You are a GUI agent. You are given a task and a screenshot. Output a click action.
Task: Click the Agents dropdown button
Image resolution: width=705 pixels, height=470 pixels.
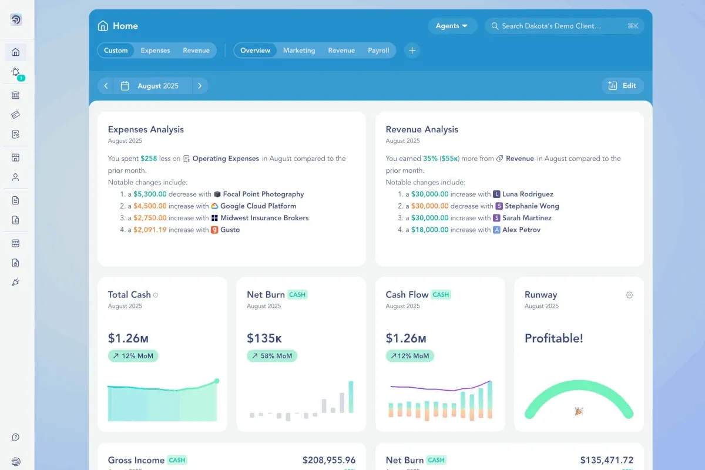[x=452, y=26]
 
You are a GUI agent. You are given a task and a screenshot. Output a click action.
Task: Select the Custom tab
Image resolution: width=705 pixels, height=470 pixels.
[x=116, y=51]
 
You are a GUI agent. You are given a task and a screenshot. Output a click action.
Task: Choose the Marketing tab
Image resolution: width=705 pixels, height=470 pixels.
[x=299, y=51]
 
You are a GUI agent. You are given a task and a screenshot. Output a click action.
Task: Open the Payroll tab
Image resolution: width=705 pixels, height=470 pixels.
[x=378, y=51]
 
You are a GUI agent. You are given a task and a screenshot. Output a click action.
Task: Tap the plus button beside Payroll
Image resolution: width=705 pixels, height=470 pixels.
[x=412, y=51]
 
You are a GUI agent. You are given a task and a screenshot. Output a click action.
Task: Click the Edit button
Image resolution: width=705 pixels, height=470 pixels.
[x=623, y=86]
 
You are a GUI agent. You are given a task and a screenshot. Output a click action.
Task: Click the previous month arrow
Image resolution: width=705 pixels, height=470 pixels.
[x=106, y=86]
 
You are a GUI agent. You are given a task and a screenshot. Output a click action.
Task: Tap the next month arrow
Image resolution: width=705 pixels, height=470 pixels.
[x=200, y=86]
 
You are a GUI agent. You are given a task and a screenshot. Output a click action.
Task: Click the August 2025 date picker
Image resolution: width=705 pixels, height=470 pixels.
[x=152, y=86]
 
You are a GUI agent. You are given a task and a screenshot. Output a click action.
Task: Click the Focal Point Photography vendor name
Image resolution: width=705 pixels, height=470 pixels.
[x=263, y=194]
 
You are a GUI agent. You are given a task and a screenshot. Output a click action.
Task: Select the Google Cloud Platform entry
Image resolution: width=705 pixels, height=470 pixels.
[x=258, y=206]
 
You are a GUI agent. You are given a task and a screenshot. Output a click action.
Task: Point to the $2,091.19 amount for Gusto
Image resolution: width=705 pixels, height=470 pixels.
[x=150, y=230]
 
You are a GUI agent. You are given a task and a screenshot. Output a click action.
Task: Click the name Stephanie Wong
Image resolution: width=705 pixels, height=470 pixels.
[x=532, y=206]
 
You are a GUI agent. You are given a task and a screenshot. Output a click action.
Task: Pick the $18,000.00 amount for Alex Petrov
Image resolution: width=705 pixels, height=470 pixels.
[x=430, y=230]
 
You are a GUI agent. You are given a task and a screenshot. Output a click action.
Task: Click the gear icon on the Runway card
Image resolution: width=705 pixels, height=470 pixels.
[x=629, y=295]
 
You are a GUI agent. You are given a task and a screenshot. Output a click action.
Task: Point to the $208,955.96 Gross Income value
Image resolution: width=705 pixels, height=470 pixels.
[x=329, y=460]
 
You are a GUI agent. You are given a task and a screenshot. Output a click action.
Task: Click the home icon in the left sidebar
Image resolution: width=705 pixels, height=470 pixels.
[x=16, y=52]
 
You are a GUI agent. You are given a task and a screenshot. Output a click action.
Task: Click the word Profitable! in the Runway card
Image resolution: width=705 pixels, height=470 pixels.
[x=553, y=338]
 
